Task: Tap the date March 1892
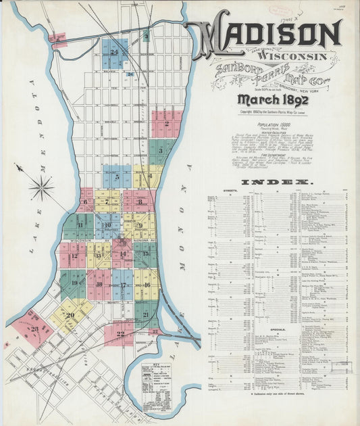pyautogui.click(x=263, y=99)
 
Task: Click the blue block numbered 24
pyautogui.click(x=115, y=52)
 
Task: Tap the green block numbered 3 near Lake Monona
pyautogui.click(x=160, y=150)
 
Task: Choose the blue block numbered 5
pyautogui.click(x=118, y=177)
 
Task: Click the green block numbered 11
pyautogui.click(x=80, y=225)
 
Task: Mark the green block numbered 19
pyautogui.click(x=73, y=285)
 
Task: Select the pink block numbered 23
pyautogui.click(x=32, y=329)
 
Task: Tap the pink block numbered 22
pyautogui.click(x=120, y=333)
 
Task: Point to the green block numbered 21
pyautogui.click(x=146, y=314)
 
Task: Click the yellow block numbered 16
pyautogui.click(x=146, y=285)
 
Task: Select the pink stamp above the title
pyautogui.click(x=277, y=10)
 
